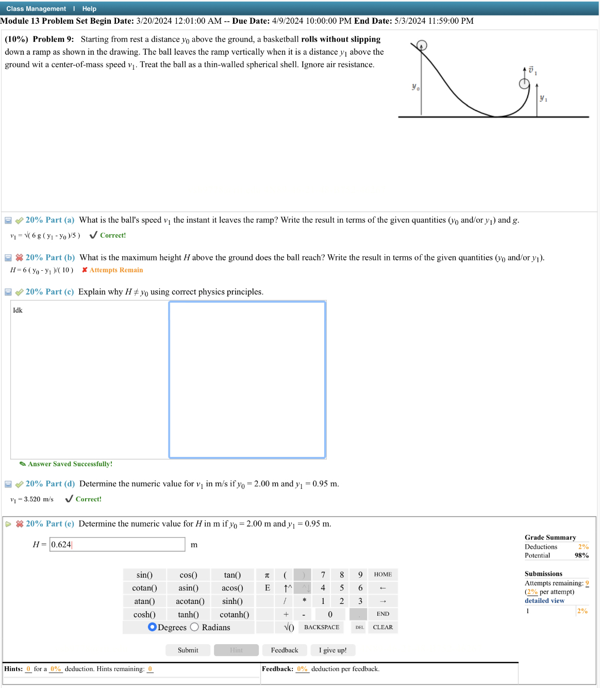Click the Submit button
[188, 650]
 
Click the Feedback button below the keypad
[285, 650]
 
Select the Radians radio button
[194, 627]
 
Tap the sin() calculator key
[144, 575]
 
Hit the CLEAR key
[382, 627]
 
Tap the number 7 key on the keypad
[323, 575]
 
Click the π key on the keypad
[267, 575]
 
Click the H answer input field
[117, 545]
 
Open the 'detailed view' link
[544, 601]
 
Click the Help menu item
[89, 9]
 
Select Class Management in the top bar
[36, 9]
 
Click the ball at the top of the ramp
[422, 45]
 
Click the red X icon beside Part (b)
[20, 257]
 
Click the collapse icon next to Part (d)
[8, 484]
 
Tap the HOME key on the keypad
[382, 575]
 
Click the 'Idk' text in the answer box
[18, 310]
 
